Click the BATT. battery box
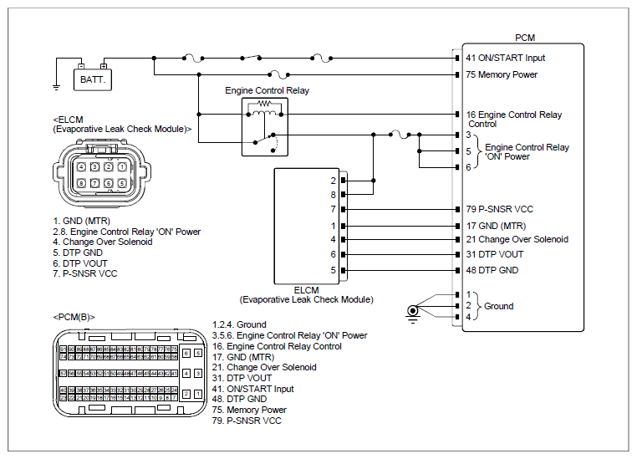click(x=90, y=80)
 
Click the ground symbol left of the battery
click(x=55, y=84)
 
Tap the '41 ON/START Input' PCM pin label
click(x=506, y=58)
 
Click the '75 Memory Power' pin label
click(x=502, y=74)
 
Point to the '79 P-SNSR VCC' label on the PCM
click(x=500, y=209)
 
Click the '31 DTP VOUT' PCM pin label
click(x=495, y=255)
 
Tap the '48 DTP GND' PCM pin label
click(x=492, y=270)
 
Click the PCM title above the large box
click(x=525, y=38)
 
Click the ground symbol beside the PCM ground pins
click(x=412, y=312)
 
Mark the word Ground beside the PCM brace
click(x=499, y=306)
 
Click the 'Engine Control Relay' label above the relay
click(x=267, y=90)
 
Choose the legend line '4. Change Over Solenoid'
click(x=102, y=242)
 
